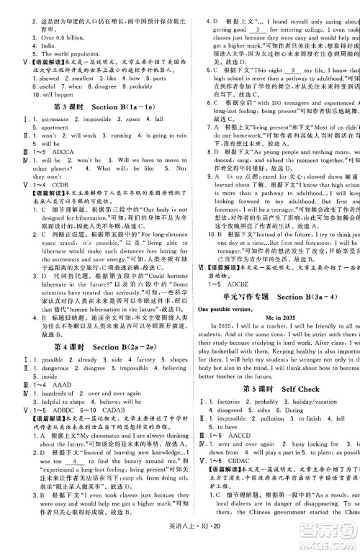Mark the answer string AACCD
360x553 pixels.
point(245,456)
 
